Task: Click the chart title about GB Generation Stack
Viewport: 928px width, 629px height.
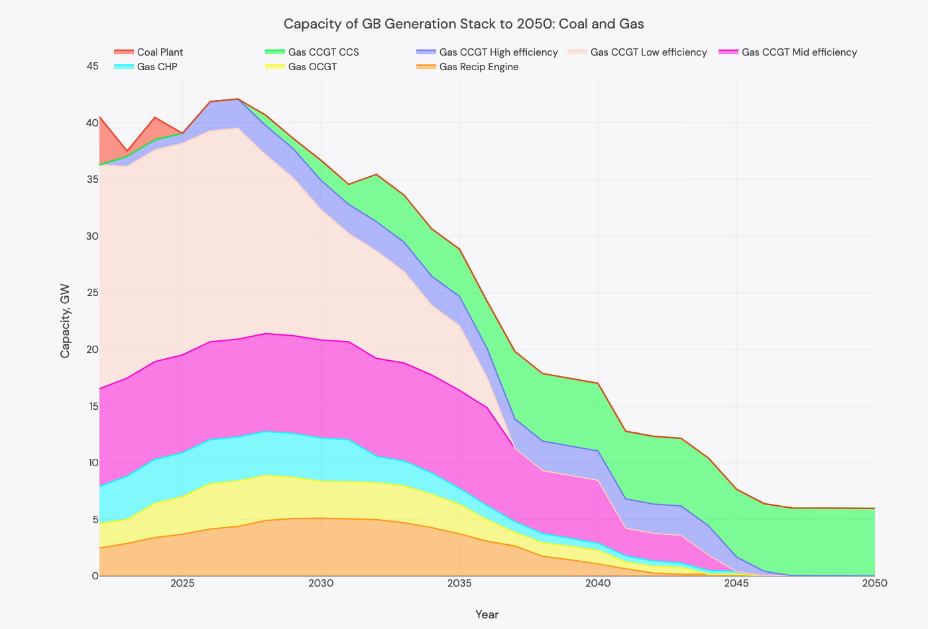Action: pyautogui.click(x=463, y=24)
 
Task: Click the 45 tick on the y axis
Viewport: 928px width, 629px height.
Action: pyautogui.click(x=92, y=66)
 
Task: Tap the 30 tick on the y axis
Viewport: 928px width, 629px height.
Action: pyautogui.click(x=92, y=236)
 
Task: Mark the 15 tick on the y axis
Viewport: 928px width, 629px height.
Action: pyautogui.click(x=92, y=406)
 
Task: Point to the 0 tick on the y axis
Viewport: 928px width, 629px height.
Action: pyautogui.click(x=94, y=576)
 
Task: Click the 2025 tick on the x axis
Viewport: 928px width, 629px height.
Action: pyautogui.click(x=182, y=583)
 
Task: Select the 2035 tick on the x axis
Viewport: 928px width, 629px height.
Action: pyautogui.click(x=459, y=583)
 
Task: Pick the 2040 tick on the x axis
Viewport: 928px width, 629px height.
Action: pyautogui.click(x=598, y=583)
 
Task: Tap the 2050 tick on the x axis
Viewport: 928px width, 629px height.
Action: pyautogui.click(x=874, y=583)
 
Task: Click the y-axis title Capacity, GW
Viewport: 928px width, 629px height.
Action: pyautogui.click(x=65, y=321)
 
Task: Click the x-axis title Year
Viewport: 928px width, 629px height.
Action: pyautogui.click(x=487, y=614)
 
